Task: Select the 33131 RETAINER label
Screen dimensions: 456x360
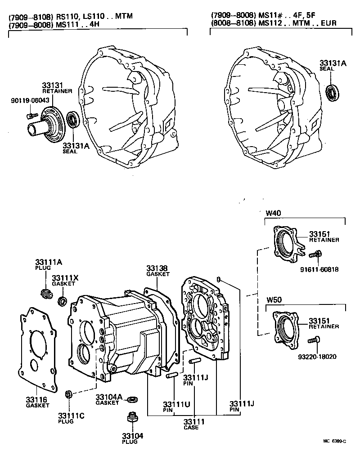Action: (54, 87)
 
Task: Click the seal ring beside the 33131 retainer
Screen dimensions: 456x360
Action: (73, 121)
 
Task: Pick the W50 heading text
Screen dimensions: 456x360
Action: (273, 300)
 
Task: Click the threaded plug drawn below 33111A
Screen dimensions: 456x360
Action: (45, 295)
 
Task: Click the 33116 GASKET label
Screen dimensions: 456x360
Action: (37, 402)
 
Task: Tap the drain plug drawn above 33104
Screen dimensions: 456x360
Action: (131, 418)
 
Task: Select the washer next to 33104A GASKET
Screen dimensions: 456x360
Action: (133, 399)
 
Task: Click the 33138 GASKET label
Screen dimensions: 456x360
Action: (157, 271)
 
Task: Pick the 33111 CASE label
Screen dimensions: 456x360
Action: (194, 424)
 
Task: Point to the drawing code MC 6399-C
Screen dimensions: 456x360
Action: (333, 442)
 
